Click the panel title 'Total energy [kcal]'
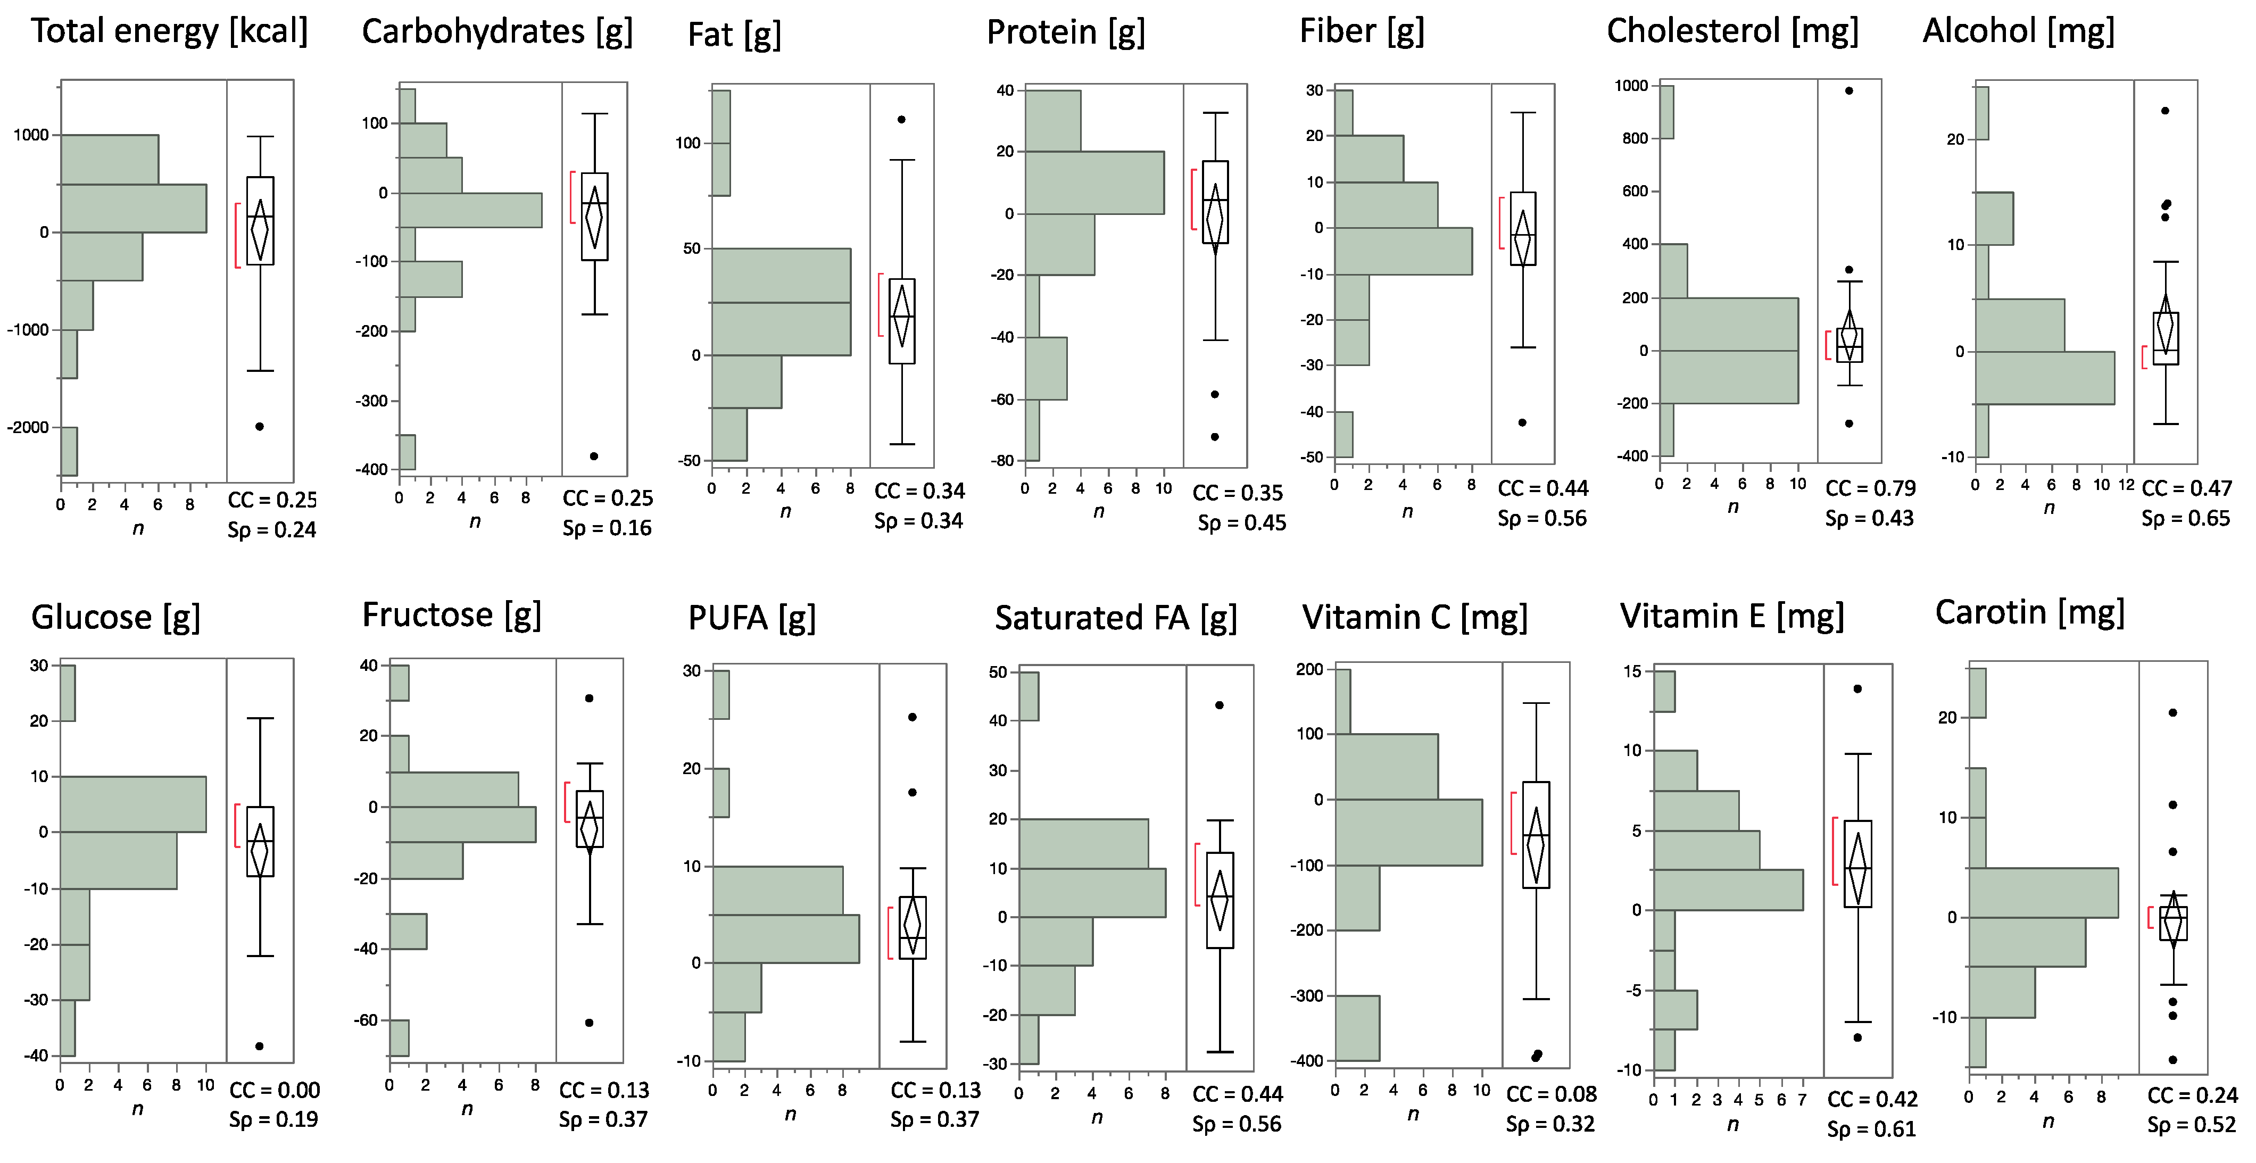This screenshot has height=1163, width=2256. pyautogui.click(x=169, y=31)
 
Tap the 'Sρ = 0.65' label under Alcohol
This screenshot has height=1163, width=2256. pyautogui.click(x=2185, y=518)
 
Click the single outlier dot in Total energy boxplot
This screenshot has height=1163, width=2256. pyautogui.click(x=259, y=427)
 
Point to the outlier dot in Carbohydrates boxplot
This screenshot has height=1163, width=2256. pyautogui.click(x=594, y=456)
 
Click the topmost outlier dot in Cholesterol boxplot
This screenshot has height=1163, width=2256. pyautogui.click(x=1849, y=90)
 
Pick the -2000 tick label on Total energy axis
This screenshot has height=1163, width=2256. pyautogui.click(x=28, y=427)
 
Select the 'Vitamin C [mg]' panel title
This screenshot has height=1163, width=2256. pyautogui.click(x=1414, y=617)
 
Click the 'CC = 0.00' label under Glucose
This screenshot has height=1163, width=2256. pyautogui.click(x=274, y=1090)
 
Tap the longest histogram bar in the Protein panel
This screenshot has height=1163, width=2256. pyautogui.click(x=1094, y=182)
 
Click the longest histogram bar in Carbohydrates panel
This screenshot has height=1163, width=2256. pyautogui.click(x=470, y=210)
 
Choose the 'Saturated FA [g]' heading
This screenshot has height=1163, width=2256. pyautogui.click(x=1116, y=618)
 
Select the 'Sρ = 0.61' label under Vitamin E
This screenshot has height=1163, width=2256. pyautogui.click(x=1871, y=1129)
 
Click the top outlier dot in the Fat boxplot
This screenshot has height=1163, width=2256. pyautogui.click(x=901, y=119)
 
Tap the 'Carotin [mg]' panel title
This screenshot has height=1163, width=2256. pyautogui.click(x=2029, y=612)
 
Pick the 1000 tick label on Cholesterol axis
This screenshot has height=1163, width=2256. pyautogui.click(x=1631, y=86)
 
